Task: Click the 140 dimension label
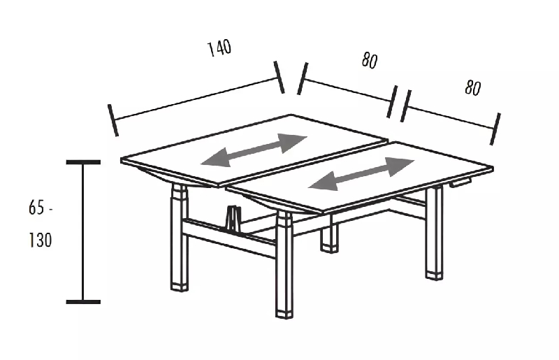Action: click(x=219, y=48)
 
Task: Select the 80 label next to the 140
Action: click(x=370, y=61)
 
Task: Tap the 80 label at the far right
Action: click(x=473, y=88)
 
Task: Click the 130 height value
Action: click(x=41, y=240)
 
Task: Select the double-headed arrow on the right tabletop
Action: click(x=361, y=173)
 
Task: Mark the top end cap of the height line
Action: click(x=83, y=162)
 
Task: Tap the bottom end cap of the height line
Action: click(x=83, y=302)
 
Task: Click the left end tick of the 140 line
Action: click(x=113, y=120)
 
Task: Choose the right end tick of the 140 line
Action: click(x=279, y=77)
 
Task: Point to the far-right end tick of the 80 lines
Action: click(x=496, y=129)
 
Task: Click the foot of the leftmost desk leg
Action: click(x=180, y=285)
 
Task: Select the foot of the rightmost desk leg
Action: click(x=435, y=273)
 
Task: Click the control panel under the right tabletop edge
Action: click(x=460, y=183)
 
